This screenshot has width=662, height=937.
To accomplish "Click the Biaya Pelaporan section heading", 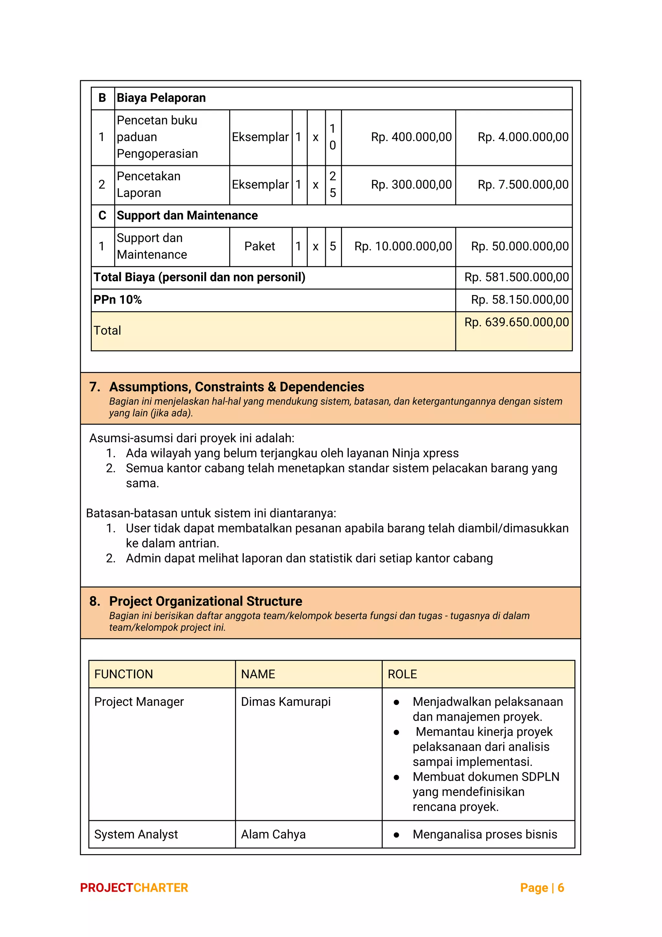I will tap(161, 98).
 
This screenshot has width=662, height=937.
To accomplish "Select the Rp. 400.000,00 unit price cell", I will tap(411, 137).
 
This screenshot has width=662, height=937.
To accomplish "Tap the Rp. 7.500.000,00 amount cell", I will tap(523, 184).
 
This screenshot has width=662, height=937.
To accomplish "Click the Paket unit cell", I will tap(260, 246).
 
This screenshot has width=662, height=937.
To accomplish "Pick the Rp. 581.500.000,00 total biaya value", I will tap(517, 278).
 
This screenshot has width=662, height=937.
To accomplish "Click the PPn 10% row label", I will tap(117, 300).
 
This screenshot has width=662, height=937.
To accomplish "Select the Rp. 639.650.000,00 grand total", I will tap(517, 322).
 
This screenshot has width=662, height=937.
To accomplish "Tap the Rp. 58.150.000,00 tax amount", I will tap(520, 300).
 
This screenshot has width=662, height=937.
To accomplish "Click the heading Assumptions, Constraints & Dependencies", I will tap(237, 387).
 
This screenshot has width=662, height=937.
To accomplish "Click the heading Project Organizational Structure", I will tap(206, 602).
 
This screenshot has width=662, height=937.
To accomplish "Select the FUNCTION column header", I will tap(123, 674).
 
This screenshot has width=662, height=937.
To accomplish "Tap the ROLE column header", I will tap(402, 674).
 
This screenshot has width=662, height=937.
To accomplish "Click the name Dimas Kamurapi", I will tap(285, 702).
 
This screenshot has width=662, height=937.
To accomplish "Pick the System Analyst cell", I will tap(136, 834).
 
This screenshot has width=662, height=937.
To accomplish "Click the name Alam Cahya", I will tap(273, 834).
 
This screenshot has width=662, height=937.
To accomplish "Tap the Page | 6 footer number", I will tap(542, 888).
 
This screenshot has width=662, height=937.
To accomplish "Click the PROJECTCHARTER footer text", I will tap(134, 888).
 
